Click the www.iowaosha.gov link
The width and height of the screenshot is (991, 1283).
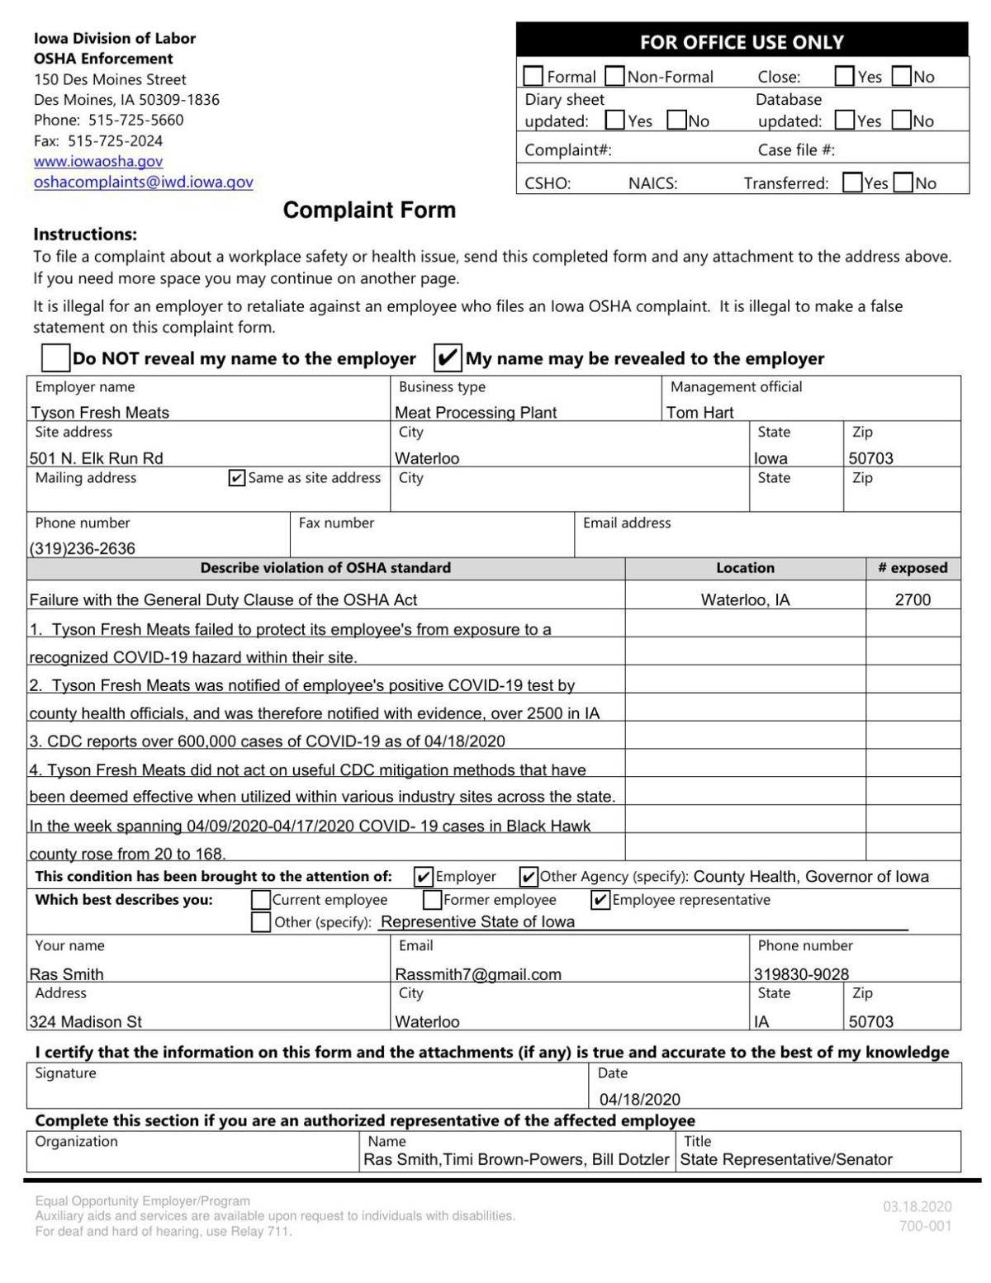coord(98,162)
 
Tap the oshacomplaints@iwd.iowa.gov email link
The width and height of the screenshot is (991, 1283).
coord(143,182)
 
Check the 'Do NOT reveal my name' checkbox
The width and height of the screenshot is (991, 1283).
coord(55,357)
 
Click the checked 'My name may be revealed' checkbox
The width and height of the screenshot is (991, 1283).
coord(448,357)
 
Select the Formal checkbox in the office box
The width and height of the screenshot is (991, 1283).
coord(533,77)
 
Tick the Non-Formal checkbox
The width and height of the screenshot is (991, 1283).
coord(614,77)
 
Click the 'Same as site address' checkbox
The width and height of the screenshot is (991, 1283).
coord(236,478)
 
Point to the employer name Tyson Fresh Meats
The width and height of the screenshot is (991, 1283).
coord(100,412)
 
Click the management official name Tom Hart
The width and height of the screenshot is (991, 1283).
coord(699,412)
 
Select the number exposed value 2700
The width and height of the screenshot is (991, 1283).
coord(913,600)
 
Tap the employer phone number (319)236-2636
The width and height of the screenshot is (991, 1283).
coord(83,548)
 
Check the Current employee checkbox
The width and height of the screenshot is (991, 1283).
coord(261,899)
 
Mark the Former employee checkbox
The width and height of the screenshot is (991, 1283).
coord(432,899)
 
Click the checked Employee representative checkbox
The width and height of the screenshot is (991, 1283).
coord(601,899)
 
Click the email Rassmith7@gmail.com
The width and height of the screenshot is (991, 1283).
coord(478,974)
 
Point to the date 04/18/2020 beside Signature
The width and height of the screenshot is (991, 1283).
coord(640,1099)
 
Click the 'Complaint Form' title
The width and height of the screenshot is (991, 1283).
coord(369,210)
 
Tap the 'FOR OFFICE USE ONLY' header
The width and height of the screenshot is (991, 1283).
coord(742,42)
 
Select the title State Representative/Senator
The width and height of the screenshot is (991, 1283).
coord(786,1159)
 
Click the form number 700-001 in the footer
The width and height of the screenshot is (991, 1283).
coord(925,1226)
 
